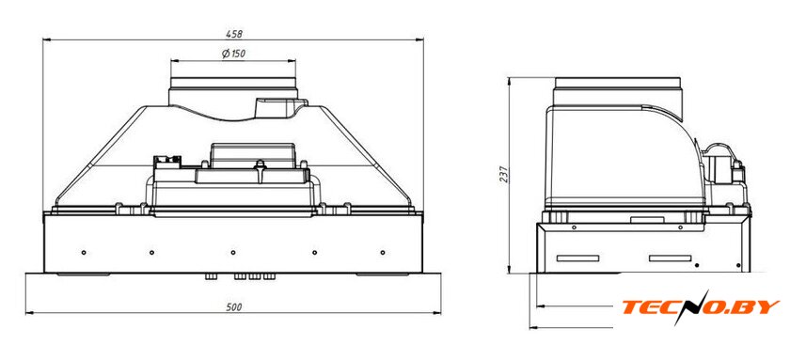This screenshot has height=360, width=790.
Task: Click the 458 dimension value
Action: (234, 34)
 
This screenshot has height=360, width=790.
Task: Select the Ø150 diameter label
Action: (234, 54)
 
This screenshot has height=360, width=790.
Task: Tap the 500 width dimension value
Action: (234, 307)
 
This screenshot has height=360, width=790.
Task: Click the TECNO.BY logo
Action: (701, 307)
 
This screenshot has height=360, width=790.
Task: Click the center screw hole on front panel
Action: (233, 252)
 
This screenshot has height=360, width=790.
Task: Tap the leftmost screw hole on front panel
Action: (84, 252)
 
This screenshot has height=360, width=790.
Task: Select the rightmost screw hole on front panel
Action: (383, 252)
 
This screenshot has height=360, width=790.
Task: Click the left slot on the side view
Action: (577, 258)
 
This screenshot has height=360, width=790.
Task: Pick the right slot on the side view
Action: (670, 258)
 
